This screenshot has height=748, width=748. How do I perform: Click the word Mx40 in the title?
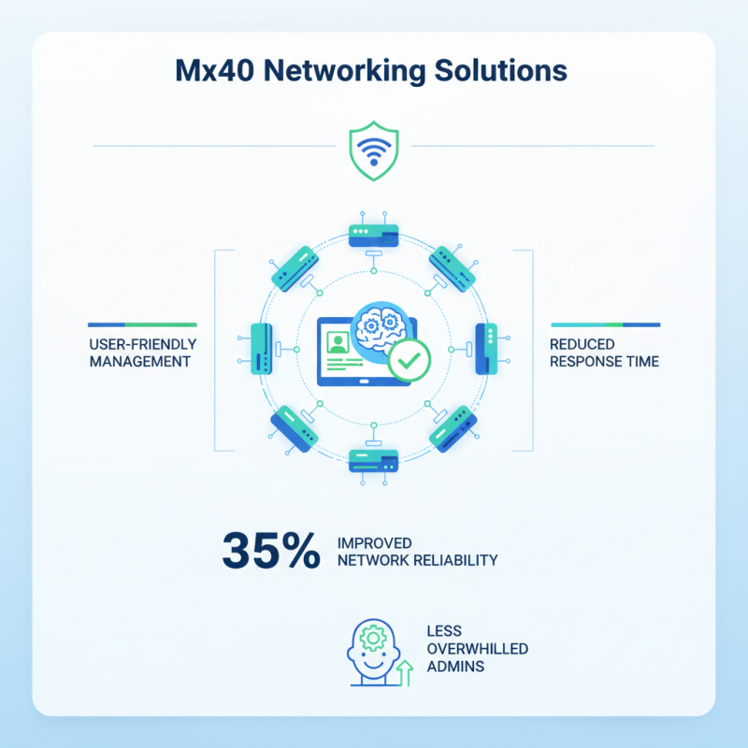(217, 70)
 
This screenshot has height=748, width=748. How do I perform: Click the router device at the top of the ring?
(373, 234)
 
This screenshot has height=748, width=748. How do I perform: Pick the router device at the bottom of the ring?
(373, 459)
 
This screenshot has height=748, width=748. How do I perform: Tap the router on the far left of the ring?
(263, 348)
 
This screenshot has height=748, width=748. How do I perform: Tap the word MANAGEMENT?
(140, 361)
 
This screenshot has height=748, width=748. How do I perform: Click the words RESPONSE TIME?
(604, 361)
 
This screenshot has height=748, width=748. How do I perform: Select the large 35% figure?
(271, 551)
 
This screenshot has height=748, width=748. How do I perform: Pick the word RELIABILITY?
(456, 560)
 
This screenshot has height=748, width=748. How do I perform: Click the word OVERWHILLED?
(475, 648)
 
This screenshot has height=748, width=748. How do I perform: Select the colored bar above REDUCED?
(605, 324)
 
